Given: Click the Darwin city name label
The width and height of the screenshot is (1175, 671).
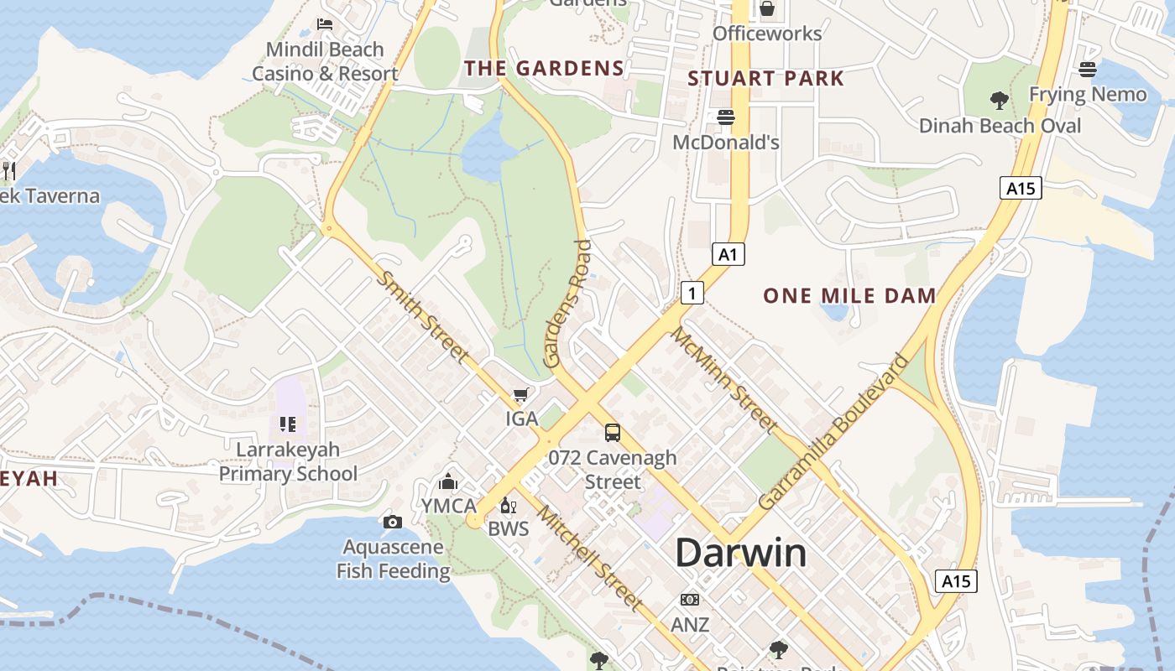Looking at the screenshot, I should [741, 553].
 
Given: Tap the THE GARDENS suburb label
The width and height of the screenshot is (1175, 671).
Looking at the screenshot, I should [545, 69].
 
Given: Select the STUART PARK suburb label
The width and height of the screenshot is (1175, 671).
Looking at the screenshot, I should [765, 79].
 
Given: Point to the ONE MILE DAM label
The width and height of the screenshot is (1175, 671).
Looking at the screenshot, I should [849, 295].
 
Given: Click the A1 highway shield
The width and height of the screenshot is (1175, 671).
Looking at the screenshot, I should [728, 254].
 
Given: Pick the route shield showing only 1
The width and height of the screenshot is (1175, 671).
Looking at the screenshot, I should [691, 293].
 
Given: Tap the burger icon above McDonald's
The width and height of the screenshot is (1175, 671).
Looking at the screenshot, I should [726, 117].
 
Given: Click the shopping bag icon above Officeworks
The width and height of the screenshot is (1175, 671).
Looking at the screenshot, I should [766, 9].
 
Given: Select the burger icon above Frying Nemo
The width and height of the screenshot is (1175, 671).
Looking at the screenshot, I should [1088, 70].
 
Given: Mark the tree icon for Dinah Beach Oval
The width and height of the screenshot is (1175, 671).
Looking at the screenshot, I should [999, 101].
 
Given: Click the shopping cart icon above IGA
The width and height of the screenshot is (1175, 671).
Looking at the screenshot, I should [521, 393].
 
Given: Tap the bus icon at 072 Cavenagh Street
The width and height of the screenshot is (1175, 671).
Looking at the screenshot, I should [613, 433].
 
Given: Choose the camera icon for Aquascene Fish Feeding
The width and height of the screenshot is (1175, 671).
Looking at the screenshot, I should [392, 523].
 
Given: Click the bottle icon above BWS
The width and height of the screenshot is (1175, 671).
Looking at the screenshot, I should [507, 505].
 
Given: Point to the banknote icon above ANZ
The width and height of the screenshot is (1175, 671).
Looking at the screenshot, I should [690, 600].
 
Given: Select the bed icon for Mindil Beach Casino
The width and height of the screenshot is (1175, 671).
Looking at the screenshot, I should [325, 24].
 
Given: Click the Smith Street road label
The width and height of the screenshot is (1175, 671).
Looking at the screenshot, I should [422, 316].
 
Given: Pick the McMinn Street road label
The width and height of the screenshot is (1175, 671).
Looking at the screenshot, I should [723, 380].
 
